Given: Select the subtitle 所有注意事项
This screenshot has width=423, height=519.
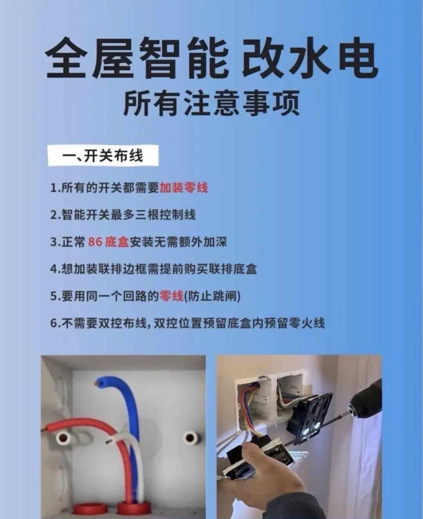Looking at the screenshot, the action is pos(211,103).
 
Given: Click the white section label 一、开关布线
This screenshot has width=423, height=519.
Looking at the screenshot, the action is pos(103,155).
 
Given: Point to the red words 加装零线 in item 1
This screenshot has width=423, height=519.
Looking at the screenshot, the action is pos(183,188).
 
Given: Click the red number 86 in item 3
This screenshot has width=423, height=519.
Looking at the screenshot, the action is pos(95,242).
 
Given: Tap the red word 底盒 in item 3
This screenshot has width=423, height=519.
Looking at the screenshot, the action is pos(117,242).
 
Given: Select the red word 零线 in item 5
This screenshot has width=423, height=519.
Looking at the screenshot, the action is pos(171,296).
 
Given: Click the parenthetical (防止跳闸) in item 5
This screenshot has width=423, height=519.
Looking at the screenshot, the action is pos(212,296).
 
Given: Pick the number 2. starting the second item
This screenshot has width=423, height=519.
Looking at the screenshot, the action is pos(56,215).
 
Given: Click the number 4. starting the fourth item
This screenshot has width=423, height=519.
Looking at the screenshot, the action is pos(56,269).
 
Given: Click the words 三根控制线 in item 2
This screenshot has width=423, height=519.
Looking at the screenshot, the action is pos(165,215).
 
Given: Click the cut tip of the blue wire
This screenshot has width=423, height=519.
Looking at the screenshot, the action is pos(99,384).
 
